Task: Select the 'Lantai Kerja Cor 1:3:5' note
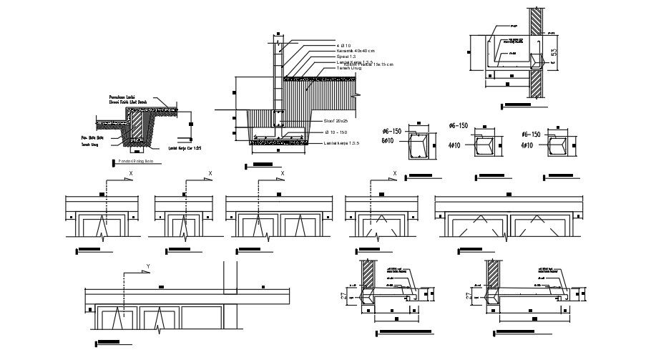click(185, 149)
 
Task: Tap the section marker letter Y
click(148, 266)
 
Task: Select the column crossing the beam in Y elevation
click(231, 279)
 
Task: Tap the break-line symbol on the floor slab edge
click(357, 94)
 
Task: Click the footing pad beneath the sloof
click(275, 142)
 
